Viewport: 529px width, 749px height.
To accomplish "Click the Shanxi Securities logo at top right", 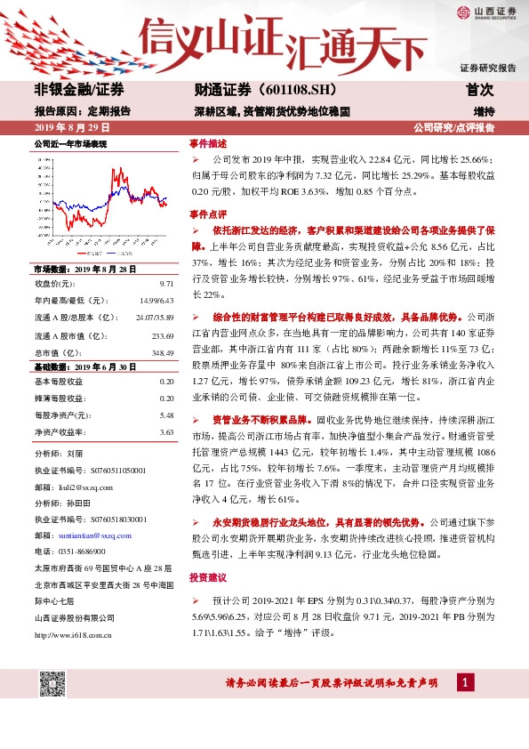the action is click(x=487, y=12).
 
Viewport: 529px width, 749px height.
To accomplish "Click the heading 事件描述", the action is click(x=208, y=142).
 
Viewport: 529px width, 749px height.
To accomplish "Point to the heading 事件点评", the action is click(x=208, y=214).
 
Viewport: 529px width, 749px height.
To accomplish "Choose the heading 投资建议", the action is click(x=208, y=577).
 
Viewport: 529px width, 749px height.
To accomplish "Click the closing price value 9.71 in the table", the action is click(x=166, y=283).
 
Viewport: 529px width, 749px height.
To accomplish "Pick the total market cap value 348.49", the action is click(x=163, y=352).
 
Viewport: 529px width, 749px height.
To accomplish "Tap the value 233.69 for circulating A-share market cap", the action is click(x=163, y=335).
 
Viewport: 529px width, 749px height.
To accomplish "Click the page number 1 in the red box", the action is click(x=465, y=682).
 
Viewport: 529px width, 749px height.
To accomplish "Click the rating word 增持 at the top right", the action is click(x=484, y=111).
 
